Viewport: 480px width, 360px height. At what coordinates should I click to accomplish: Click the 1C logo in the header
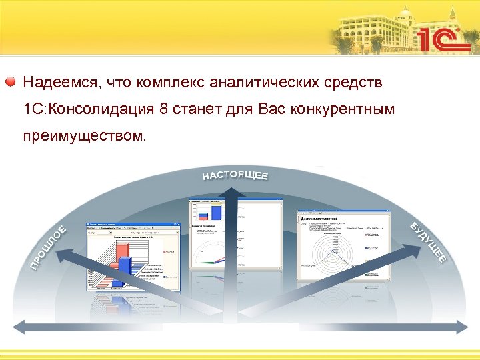(x=443, y=39)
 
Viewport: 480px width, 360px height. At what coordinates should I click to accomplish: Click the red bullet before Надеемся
(x=11, y=82)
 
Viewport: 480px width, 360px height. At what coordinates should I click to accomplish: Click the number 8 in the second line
(x=164, y=109)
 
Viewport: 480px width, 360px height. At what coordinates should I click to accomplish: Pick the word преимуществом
(x=83, y=136)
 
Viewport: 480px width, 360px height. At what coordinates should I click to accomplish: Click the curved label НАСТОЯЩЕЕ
(x=235, y=175)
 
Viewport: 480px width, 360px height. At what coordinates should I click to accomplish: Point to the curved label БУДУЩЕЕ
(x=427, y=241)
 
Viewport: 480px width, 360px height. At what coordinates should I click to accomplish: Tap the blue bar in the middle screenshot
(x=215, y=212)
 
